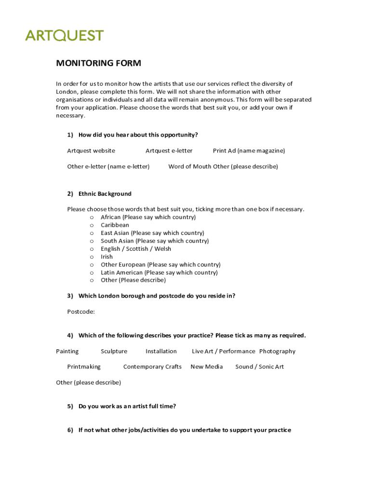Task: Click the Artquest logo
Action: click(64, 36)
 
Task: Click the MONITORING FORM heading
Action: click(98, 63)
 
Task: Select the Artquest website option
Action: click(91, 151)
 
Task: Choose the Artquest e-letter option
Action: click(169, 151)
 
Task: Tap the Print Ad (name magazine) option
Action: click(249, 151)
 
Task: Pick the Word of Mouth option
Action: click(190, 166)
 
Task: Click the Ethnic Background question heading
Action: click(105, 193)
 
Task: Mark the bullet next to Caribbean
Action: click(92, 225)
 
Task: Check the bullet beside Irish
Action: click(92, 257)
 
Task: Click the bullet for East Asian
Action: click(92, 233)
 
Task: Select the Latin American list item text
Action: click(159, 273)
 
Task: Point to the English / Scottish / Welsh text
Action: click(136, 249)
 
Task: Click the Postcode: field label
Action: click(81, 312)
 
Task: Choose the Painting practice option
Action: click(67, 351)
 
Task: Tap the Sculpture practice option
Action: click(114, 351)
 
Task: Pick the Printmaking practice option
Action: click(84, 367)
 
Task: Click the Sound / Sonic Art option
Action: click(259, 367)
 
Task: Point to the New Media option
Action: click(207, 367)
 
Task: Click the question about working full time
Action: click(127, 406)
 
